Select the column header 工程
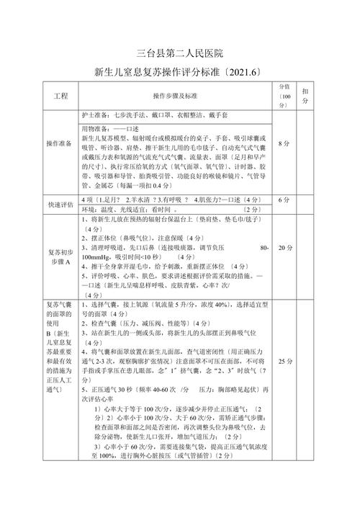[60, 96]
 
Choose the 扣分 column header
[306, 97]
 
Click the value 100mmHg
[96, 257]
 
